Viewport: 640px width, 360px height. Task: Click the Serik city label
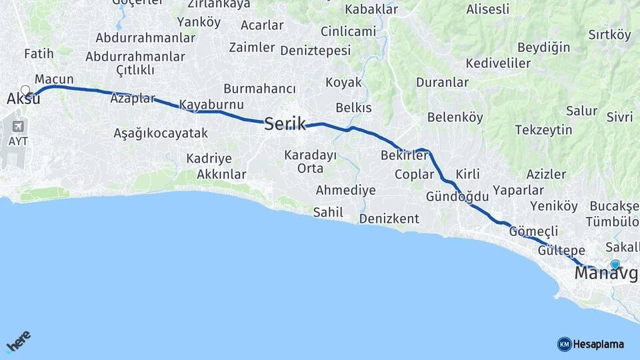285,123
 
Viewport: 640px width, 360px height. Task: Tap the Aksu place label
23,99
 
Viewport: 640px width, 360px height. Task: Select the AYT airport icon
17,126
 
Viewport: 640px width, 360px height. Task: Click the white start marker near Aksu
25,91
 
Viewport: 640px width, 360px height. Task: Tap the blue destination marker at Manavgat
615,265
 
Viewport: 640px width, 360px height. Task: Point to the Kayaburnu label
211,105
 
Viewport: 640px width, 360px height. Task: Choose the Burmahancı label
259,89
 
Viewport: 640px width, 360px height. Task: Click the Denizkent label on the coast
389,219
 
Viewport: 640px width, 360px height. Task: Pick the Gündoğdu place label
457,197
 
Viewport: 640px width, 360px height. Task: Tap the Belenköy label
455,117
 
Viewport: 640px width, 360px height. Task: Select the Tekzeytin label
543,130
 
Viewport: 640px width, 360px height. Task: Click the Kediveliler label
498,63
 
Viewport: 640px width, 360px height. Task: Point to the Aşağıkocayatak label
161,133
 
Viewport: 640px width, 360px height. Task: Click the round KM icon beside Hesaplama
564,344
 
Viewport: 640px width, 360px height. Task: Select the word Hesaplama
599,345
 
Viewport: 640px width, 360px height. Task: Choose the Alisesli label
487,9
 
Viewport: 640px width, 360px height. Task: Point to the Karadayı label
310,155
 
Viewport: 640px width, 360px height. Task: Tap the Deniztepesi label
315,51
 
